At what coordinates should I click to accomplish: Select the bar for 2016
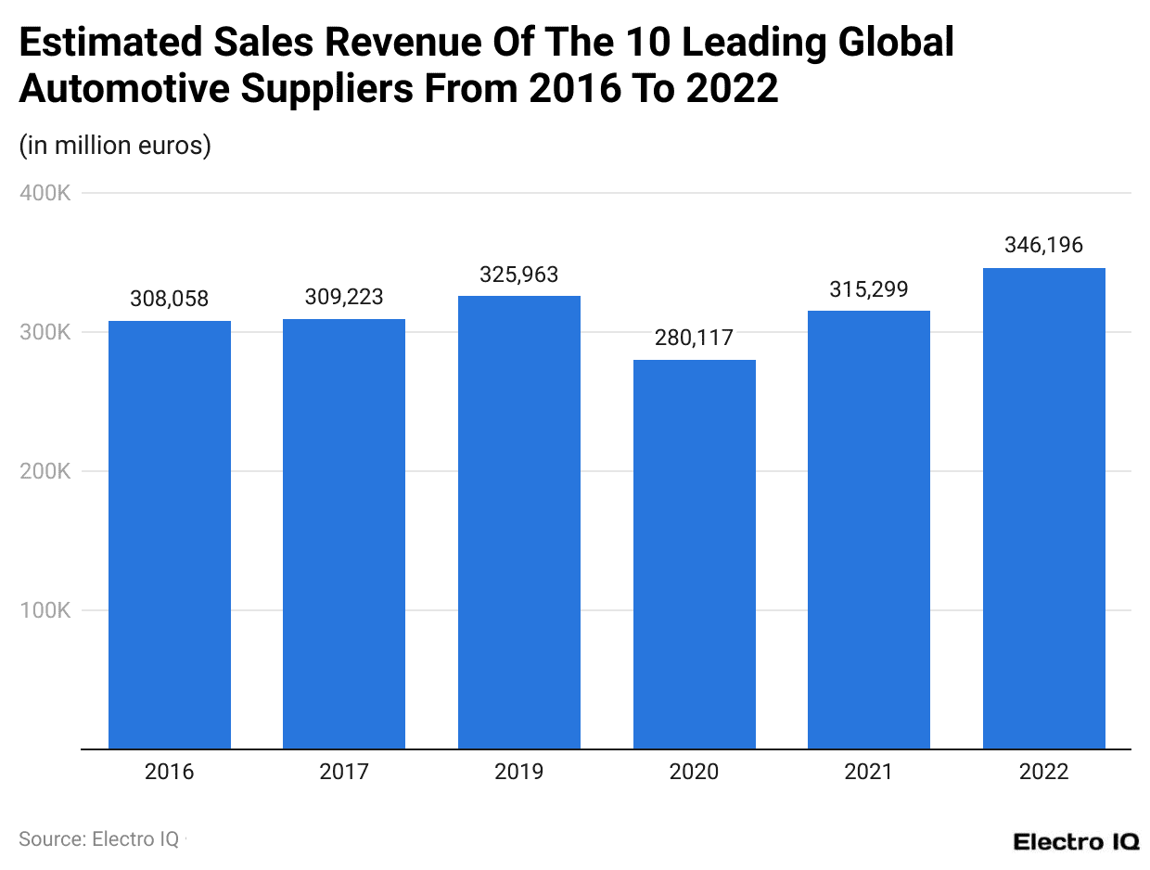(x=170, y=534)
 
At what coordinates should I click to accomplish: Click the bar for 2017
(x=344, y=533)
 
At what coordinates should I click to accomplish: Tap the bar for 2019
(x=519, y=522)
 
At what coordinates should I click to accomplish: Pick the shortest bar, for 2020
(x=694, y=554)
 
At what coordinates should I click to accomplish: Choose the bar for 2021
(x=869, y=530)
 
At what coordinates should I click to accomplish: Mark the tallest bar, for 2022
(x=1043, y=508)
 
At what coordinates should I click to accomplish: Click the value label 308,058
(x=170, y=299)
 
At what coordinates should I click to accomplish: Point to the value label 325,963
(x=519, y=275)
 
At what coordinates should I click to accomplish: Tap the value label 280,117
(x=694, y=339)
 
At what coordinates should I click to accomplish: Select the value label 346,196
(x=1043, y=246)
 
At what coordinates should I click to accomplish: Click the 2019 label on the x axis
(x=519, y=772)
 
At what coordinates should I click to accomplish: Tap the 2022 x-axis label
(x=1043, y=772)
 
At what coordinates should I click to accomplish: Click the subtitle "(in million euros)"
(x=115, y=146)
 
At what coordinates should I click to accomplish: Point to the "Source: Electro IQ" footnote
(x=99, y=838)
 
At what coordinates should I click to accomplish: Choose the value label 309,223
(x=344, y=298)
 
